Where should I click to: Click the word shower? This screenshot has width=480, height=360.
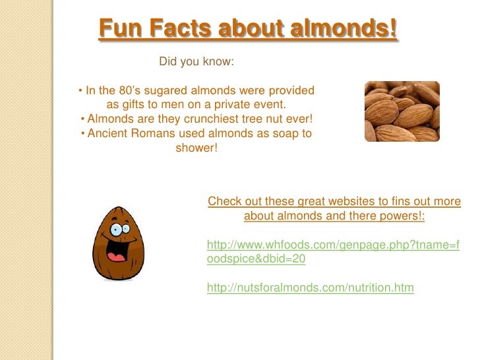click(x=196, y=148)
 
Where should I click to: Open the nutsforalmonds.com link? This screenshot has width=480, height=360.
click(x=310, y=288)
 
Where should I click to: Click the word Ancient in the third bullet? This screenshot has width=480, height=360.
click(x=107, y=134)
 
